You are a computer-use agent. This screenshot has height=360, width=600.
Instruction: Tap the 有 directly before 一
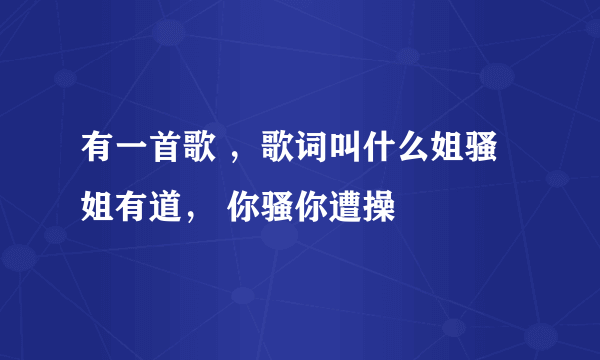tap(95, 156)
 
